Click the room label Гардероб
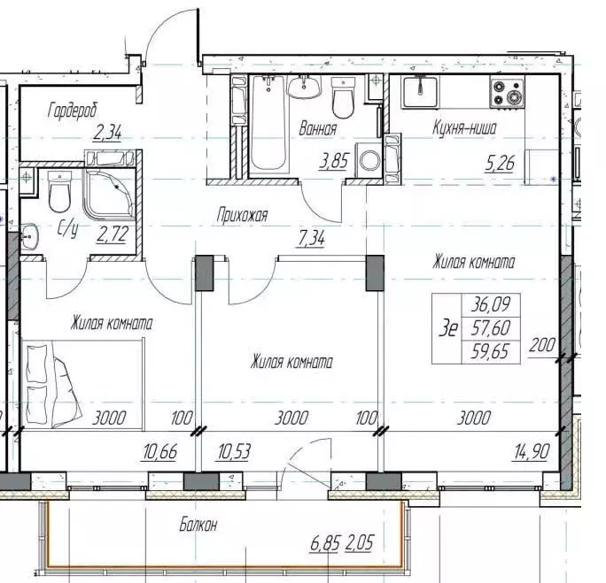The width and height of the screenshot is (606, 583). [74, 110]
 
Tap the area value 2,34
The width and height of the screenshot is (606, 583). [108, 134]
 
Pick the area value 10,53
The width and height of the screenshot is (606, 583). [234, 453]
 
